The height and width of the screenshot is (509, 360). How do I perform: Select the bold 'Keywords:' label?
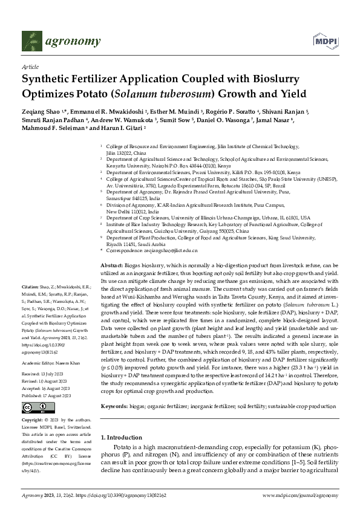tap(115, 391)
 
